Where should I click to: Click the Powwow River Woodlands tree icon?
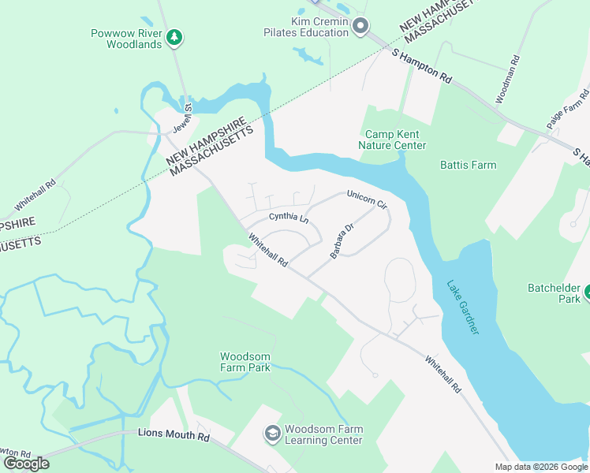point(174,36)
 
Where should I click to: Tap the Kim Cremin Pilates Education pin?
point(360,27)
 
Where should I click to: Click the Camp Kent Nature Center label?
point(392,140)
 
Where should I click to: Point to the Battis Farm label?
point(467,165)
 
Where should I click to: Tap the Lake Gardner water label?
point(462,307)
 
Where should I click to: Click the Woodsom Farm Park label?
point(245,362)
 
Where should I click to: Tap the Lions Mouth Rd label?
point(174,434)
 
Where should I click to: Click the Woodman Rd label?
point(506,79)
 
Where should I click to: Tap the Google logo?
point(26,464)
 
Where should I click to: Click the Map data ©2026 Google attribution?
point(540,467)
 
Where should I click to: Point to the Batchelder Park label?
point(555,293)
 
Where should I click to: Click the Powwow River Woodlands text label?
point(134,39)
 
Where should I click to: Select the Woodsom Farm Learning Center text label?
point(323,434)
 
